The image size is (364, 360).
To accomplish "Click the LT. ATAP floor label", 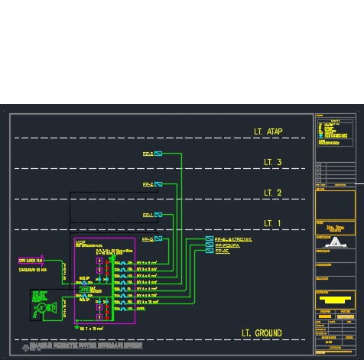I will click(268, 131).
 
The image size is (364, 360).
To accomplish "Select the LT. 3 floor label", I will click(272, 162).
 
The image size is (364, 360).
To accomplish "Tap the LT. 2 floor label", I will click(272, 193).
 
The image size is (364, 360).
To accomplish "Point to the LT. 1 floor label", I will click(272, 223).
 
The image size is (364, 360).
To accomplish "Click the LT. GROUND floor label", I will click(262, 333).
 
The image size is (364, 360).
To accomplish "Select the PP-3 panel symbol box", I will click(158, 154).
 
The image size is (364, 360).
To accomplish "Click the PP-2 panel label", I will click(148, 184).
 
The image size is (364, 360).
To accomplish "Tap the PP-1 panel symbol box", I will click(158, 215).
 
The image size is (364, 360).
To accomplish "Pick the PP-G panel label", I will click(148, 239).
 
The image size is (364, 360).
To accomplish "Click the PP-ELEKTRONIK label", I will click(233, 239).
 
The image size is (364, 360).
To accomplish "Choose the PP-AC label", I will click(223, 251).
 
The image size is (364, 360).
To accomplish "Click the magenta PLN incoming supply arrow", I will click(36, 261).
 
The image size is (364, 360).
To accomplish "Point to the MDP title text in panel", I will click(80, 243).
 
